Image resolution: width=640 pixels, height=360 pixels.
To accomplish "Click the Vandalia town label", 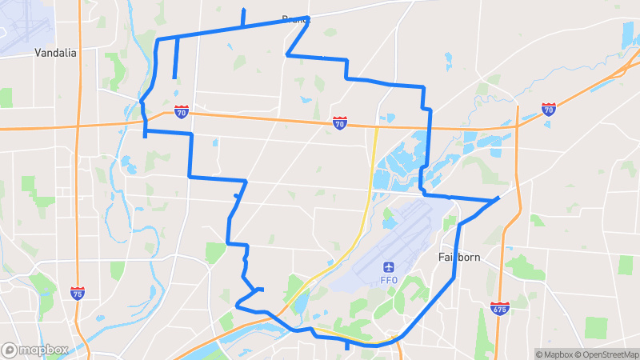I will [55, 53].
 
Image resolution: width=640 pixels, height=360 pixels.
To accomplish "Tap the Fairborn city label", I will [458, 258].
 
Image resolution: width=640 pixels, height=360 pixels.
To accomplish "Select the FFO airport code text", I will [389, 280].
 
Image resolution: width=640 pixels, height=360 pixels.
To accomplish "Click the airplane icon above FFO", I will [389, 266].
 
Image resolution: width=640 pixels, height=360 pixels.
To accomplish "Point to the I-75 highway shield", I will [78, 294].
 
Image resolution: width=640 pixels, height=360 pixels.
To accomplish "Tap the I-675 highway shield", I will [500, 306].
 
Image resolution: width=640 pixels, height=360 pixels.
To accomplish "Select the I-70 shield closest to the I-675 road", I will [548, 109].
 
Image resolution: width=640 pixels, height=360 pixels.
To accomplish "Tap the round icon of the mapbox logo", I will [10, 350].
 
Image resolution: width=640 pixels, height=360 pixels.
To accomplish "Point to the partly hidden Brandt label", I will [294, 18].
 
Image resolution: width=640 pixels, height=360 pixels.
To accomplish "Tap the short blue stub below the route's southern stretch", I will [346, 346].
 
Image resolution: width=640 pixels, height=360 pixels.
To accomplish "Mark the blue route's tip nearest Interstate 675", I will [499, 197].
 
